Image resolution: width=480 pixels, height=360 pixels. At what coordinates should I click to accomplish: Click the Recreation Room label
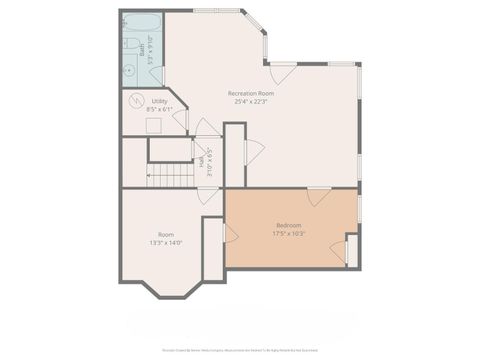pos(251,93)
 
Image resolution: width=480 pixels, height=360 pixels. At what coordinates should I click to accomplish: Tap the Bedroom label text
pos(288,225)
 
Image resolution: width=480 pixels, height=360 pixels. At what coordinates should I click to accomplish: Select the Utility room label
pos(159,101)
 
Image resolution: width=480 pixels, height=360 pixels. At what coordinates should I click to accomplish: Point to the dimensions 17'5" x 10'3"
pos(288,233)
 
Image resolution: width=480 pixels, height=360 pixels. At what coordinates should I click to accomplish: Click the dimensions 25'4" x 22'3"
pos(251,101)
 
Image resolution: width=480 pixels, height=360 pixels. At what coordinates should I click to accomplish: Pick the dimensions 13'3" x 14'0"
pos(165,242)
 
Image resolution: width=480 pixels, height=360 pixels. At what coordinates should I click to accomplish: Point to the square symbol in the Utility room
pos(153,125)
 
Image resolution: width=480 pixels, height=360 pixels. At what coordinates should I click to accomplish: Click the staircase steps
pos(170,176)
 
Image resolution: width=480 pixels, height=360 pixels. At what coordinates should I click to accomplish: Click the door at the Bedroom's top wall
pos(318,196)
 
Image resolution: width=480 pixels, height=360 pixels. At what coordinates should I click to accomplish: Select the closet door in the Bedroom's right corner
pos(349,250)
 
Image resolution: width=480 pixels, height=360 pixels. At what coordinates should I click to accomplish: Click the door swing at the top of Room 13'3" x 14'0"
pos(207,195)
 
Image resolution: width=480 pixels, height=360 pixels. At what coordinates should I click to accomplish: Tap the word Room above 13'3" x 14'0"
pos(165,234)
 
